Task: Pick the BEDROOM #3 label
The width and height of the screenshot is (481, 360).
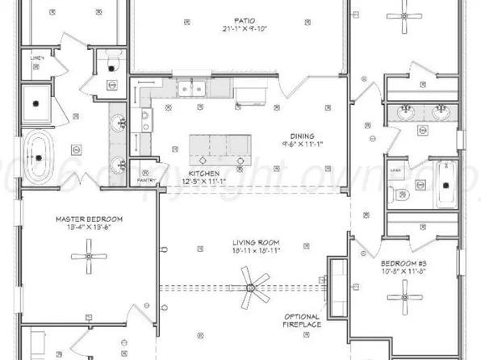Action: point(405,263)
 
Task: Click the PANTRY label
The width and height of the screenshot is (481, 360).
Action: point(145,170)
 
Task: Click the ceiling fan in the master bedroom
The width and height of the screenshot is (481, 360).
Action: point(88,260)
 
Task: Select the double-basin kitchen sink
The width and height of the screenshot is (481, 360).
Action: point(193,86)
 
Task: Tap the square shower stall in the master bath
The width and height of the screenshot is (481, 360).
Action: point(37,102)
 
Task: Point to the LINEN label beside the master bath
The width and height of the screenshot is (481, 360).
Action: point(37,58)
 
